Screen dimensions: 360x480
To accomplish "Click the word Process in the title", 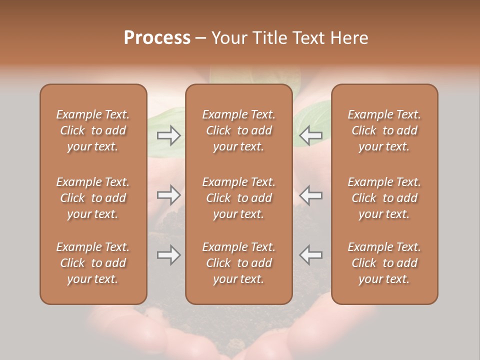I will (157, 38).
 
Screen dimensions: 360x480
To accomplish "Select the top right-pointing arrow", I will (168, 135).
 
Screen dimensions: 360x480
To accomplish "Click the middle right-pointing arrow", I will (168, 195).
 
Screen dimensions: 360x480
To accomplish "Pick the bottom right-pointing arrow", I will (168, 255).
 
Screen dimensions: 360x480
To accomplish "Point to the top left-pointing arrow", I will (310, 135).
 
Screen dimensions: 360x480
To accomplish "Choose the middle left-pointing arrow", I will (310, 195).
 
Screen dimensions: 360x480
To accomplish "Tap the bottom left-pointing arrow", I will (310, 255).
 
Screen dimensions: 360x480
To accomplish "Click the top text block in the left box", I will (93, 130).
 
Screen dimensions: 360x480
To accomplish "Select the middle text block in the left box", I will (93, 198).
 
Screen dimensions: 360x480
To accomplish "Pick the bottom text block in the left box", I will (93, 263).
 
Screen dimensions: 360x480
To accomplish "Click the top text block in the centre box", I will (239, 130).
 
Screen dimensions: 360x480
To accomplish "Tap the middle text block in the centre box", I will (239, 198).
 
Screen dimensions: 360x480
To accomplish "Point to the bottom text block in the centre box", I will (239, 263).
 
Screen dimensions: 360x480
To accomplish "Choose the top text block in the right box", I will (384, 130).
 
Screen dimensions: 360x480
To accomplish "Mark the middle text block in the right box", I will (384, 198).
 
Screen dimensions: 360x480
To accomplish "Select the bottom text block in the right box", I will (384, 263).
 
